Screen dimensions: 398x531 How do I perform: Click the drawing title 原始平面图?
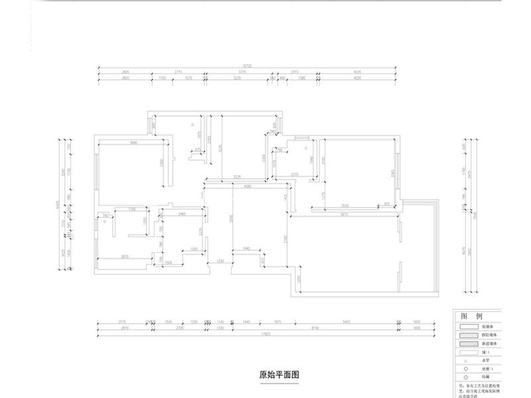(x=279, y=374)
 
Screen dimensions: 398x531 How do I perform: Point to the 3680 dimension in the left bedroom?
(x=133, y=143)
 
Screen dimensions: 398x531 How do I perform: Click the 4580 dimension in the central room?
(x=247, y=187)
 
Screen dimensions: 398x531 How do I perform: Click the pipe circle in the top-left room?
(x=193, y=124)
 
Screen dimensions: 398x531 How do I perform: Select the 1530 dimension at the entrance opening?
(x=219, y=262)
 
